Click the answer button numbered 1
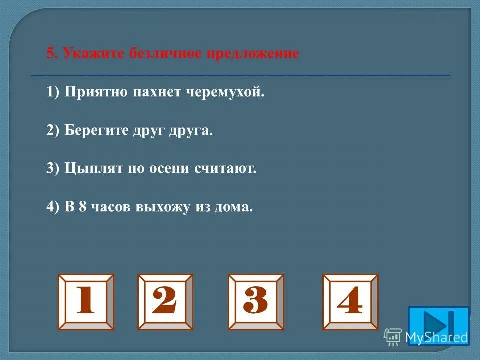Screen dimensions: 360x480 (86, 302)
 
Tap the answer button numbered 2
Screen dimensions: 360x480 (165, 302)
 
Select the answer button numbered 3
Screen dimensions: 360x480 (256, 302)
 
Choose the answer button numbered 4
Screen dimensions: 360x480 (350, 302)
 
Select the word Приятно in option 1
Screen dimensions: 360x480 (96, 92)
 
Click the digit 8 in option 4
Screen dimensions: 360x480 (82, 207)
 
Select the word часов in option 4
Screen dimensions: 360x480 (109, 207)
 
